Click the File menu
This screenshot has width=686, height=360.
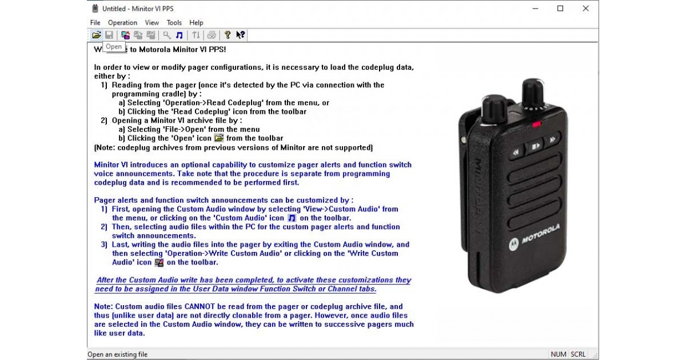(95, 23)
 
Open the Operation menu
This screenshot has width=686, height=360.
(122, 23)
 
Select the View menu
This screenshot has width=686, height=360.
(151, 23)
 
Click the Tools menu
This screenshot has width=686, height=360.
(174, 23)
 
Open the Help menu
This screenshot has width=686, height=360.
(196, 23)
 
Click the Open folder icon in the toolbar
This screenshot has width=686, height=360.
(97, 35)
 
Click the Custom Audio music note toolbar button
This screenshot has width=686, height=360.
(179, 35)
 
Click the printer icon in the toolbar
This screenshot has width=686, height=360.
(212, 35)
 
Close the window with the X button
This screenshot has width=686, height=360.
(585, 9)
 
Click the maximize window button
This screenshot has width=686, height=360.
(560, 9)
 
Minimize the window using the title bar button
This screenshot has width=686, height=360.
(535, 9)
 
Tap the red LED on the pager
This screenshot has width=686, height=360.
(536, 123)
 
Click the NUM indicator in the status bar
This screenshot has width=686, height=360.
(558, 354)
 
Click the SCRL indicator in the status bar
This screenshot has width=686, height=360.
(578, 354)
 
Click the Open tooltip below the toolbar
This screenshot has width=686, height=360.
(114, 47)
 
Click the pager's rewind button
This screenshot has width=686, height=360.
(515, 153)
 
